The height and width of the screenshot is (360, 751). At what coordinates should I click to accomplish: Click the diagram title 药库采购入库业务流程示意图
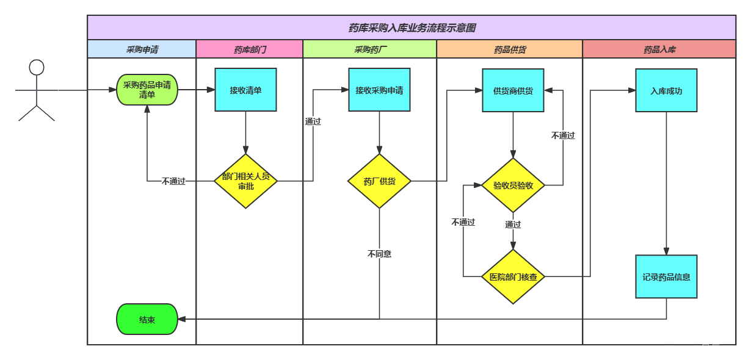pyautogui.click(x=412, y=27)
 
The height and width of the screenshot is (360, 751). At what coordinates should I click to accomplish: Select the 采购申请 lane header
pyautogui.click(x=142, y=49)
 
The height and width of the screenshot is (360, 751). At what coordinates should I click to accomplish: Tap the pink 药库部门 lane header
pyautogui.click(x=250, y=49)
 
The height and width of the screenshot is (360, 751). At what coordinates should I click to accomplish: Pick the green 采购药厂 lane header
pyautogui.click(x=370, y=49)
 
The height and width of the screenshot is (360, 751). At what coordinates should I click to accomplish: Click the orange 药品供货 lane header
pyautogui.click(x=510, y=49)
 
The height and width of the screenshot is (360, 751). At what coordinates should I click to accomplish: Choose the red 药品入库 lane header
pyautogui.click(x=659, y=49)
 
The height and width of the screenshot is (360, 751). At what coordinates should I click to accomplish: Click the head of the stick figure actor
pyautogui.click(x=37, y=67)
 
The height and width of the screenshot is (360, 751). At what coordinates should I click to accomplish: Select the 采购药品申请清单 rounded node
pyautogui.click(x=147, y=90)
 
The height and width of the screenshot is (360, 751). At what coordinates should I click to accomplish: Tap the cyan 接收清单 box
pyautogui.click(x=245, y=90)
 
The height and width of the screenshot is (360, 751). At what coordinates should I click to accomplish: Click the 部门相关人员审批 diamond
pyautogui.click(x=245, y=181)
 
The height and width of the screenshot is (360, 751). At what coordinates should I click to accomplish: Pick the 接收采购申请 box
pyautogui.click(x=379, y=90)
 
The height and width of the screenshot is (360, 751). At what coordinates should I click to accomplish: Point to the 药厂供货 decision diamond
pyautogui.click(x=379, y=181)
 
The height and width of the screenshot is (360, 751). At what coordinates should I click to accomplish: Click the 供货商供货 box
pyautogui.click(x=513, y=90)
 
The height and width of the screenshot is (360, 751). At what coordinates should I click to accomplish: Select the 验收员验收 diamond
pyautogui.click(x=513, y=185)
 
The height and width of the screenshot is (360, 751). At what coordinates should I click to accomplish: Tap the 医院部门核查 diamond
pyautogui.click(x=513, y=276)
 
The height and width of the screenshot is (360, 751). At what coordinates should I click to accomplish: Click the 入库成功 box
pyautogui.click(x=666, y=90)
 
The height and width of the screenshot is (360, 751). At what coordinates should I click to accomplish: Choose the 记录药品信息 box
pyautogui.click(x=666, y=276)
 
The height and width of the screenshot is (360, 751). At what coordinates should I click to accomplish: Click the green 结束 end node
pyautogui.click(x=147, y=319)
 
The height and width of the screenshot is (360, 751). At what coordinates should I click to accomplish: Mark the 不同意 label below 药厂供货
pyautogui.click(x=379, y=254)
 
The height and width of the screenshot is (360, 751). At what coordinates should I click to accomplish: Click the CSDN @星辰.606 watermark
pyautogui.click(x=702, y=349)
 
